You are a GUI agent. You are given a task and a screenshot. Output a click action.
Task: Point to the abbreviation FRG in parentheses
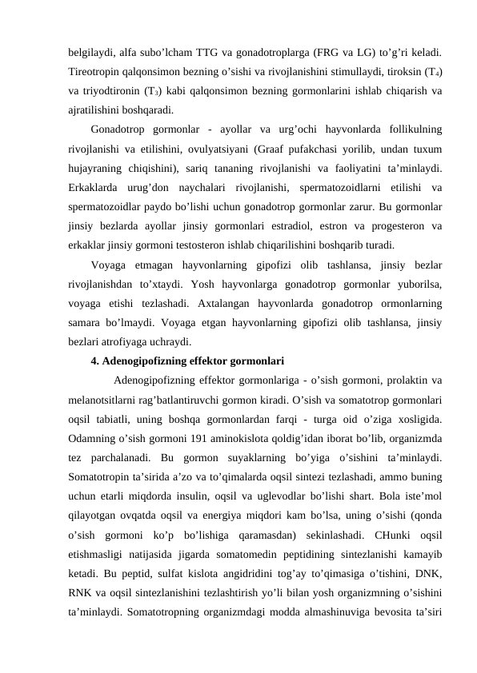[x=345, y=54]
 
